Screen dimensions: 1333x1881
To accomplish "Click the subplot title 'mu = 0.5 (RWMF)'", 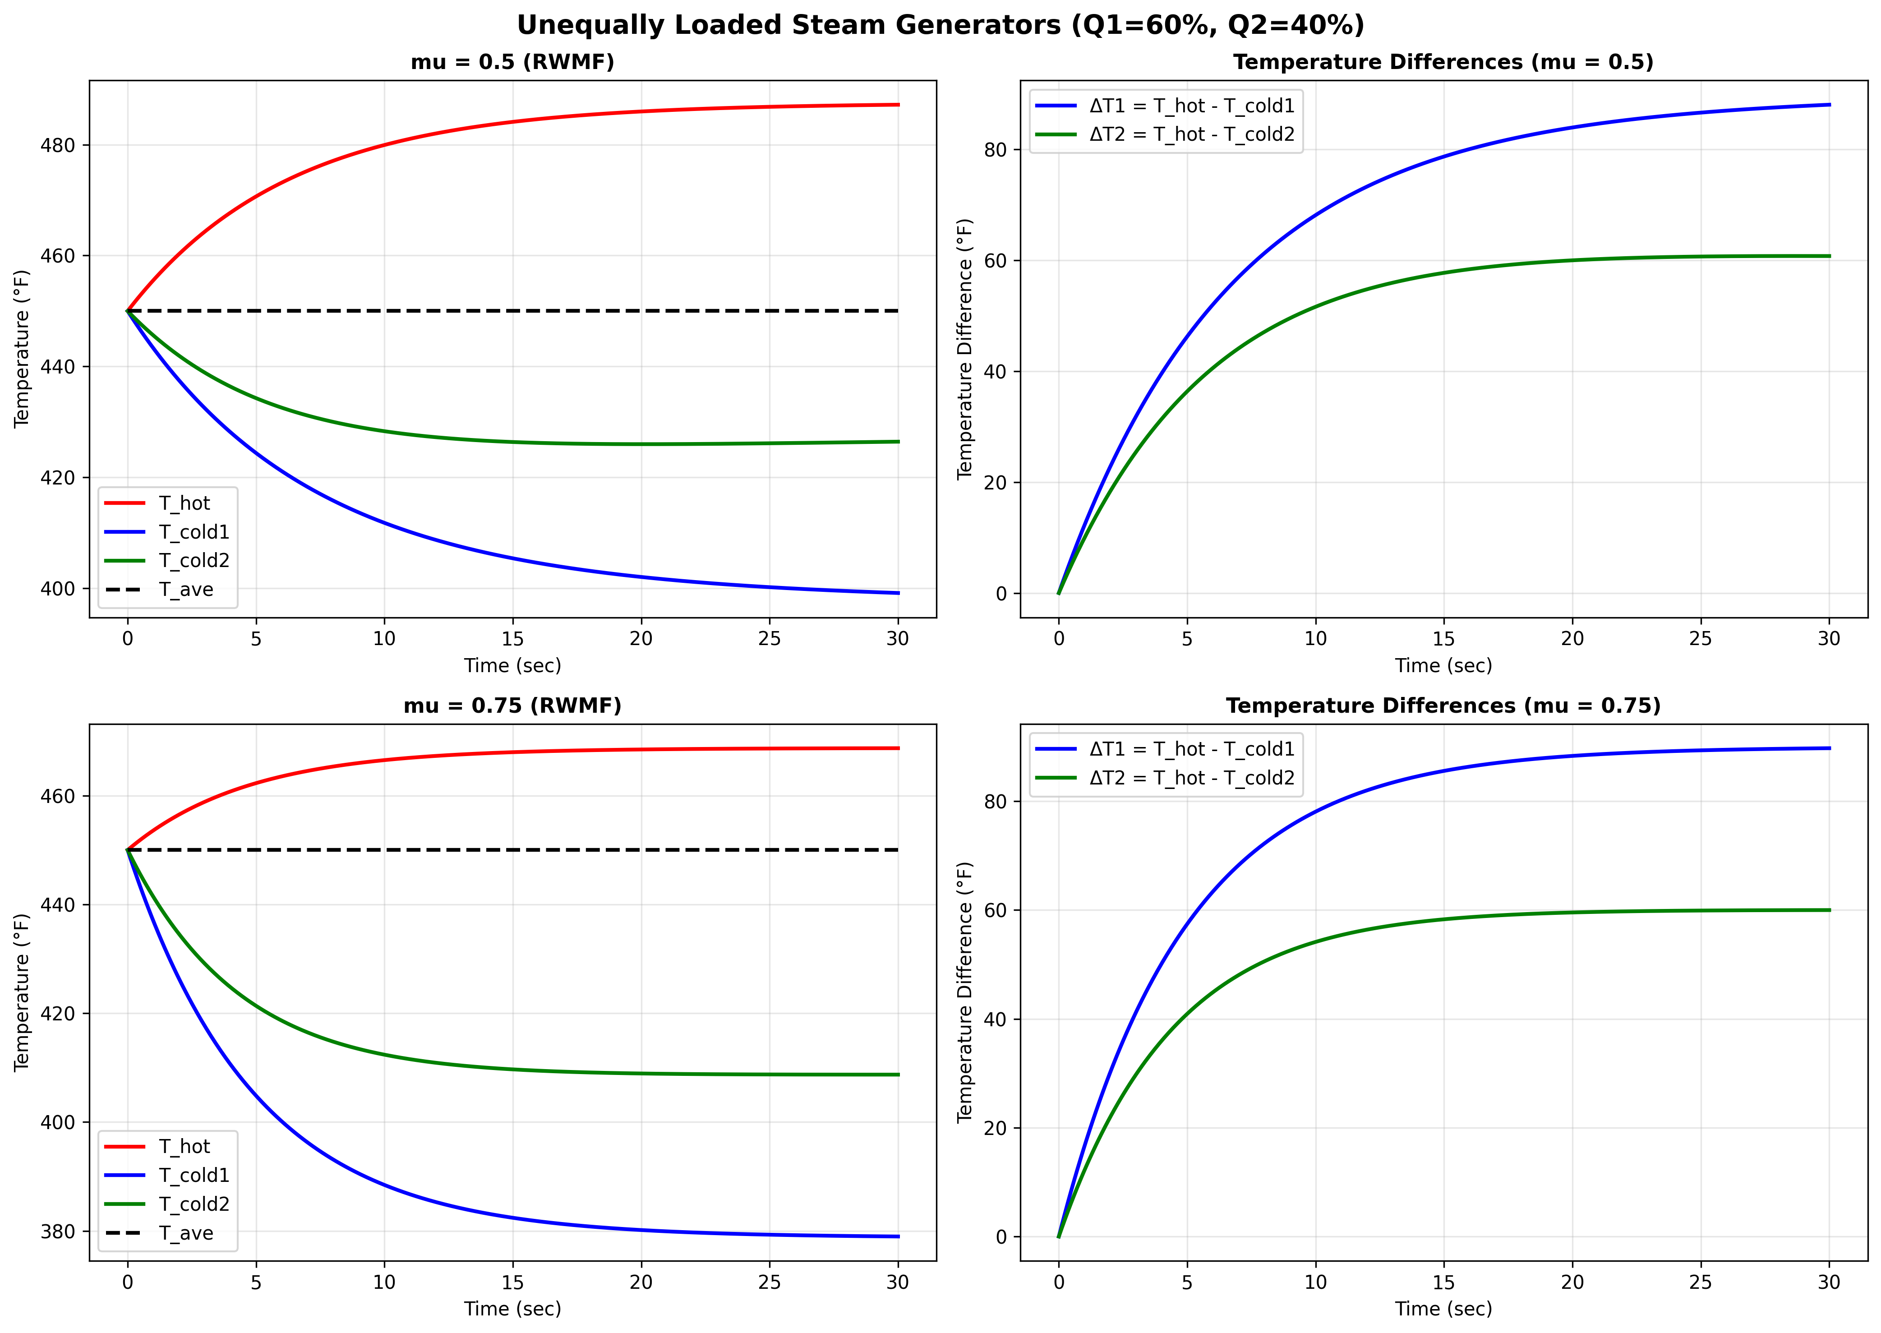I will [512, 62].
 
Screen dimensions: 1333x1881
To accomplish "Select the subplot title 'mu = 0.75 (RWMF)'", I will [512, 706].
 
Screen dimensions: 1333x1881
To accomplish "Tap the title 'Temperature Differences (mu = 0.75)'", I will [1443, 706].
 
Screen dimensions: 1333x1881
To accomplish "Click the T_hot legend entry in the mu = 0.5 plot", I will [184, 503].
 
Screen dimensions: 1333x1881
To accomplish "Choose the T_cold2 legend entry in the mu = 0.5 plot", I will [194, 561].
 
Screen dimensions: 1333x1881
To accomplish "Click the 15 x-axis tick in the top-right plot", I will [1443, 639].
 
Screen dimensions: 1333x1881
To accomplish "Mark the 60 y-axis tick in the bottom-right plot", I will [996, 910].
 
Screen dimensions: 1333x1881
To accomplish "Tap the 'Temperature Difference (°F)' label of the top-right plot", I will [964, 349].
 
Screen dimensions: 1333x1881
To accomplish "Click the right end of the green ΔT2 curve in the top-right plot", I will [1829, 256].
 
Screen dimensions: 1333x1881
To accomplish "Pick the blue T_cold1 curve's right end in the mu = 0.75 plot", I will [898, 1236].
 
